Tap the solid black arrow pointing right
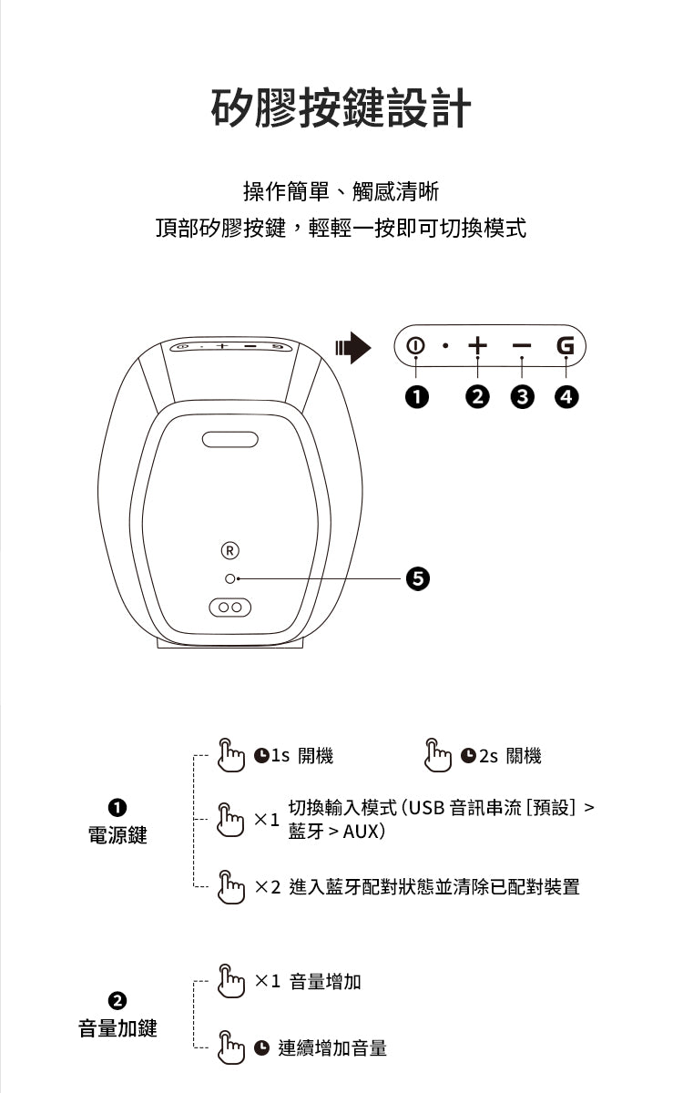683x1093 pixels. click(x=353, y=347)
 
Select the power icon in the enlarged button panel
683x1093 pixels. click(x=416, y=346)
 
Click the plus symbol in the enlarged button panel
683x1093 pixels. click(x=477, y=346)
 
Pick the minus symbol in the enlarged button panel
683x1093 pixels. click(x=521, y=346)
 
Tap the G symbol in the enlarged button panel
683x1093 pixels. click(x=566, y=346)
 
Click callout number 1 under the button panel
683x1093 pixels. click(x=416, y=396)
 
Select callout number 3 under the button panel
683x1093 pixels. click(x=521, y=396)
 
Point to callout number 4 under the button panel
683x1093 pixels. click(x=566, y=396)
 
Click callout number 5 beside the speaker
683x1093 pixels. click(x=417, y=578)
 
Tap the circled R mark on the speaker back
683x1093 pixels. click(x=230, y=550)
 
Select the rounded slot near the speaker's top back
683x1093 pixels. click(x=230, y=439)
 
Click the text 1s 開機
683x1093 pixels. click(x=301, y=756)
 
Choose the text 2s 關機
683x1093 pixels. click(x=510, y=756)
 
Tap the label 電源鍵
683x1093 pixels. click(x=117, y=835)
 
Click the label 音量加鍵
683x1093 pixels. click(x=117, y=1028)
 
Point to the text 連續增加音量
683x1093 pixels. click(x=332, y=1048)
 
